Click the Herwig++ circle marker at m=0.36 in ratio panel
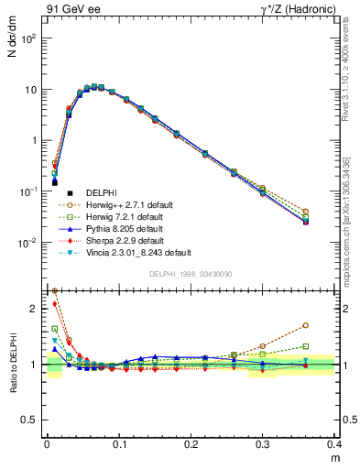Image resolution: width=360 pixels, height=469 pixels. point(306,325)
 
